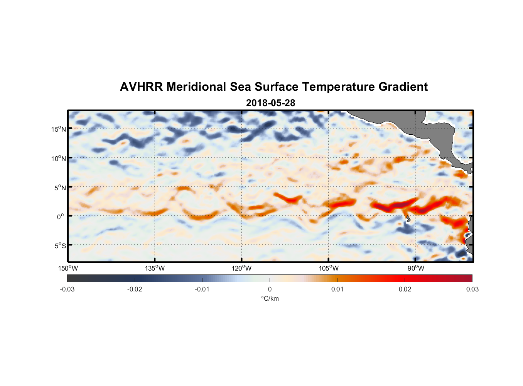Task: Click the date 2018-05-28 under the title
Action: (x=270, y=103)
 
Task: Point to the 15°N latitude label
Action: (x=58, y=129)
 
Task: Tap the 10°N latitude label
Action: (x=58, y=158)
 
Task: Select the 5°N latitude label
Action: (x=60, y=188)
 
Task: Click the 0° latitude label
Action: (x=61, y=217)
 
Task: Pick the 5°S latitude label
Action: (x=60, y=246)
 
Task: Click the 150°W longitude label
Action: (x=68, y=268)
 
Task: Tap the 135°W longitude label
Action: (x=155, y=268)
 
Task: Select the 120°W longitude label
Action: (x=241, y=268)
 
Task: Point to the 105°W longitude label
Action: (x=329, y=268)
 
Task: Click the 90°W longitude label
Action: (x=416, y=268)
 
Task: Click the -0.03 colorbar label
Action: (x=67, y=289)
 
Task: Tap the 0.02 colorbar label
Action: (x=405, y=289)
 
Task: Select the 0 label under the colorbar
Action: (x=270, y=289)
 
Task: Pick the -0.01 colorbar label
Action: (x=202, y=289)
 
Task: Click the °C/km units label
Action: (x=270, y=298)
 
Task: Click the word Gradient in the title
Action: (x=403, y=87)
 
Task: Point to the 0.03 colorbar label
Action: (x=472, y=289)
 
